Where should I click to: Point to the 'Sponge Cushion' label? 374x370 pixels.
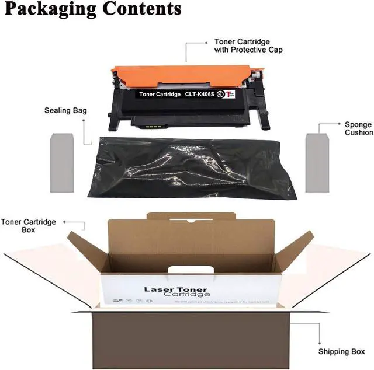coord(358,128)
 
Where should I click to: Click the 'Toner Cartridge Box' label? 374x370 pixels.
coord(29,226)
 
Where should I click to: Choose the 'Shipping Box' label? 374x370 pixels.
coord(341,351)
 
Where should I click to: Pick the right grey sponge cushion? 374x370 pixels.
coord(319,163)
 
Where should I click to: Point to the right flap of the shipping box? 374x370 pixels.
coord(330,274)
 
